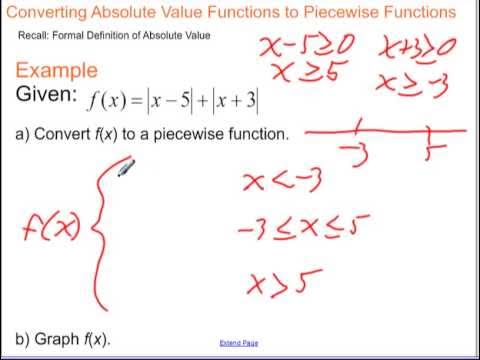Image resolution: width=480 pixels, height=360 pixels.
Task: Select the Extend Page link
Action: [239, 343]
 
